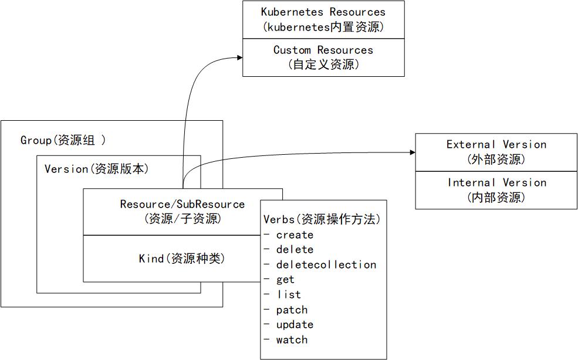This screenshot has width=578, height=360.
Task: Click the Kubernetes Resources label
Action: (x=323, y=12)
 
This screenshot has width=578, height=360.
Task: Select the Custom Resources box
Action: (x=323, y=57)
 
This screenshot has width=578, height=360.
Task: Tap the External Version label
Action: (x=496, y=144)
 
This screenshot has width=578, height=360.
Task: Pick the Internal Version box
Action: (x=496, y=190)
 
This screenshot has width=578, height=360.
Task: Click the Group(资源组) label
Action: (x=63, y=140)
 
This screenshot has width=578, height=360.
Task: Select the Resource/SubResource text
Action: (x=182, y=204)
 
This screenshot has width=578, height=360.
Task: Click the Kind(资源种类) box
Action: (x=182, y=259)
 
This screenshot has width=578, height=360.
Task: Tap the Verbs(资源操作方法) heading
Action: (x=322, y=219)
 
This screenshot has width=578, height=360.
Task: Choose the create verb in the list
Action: (x=295, y=235)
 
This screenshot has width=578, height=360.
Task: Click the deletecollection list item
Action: (x=326, y=264)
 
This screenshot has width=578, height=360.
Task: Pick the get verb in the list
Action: (x=285, y=280)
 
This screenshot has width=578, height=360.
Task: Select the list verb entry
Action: (x=289, y=294)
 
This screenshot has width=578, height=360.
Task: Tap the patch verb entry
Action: (x=292, y=310)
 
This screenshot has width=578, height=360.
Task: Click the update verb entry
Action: (x=295, y=324)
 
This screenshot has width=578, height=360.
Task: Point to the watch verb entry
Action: (x=292, y=339)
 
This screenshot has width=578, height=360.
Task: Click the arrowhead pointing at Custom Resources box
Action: (x=239, y=57)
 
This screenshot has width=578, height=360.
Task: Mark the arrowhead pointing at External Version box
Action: (x=411, y=152)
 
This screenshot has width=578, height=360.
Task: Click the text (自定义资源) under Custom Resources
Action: (x=323, y=64)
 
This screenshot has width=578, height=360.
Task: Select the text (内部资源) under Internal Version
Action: (x=496, y=198)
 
